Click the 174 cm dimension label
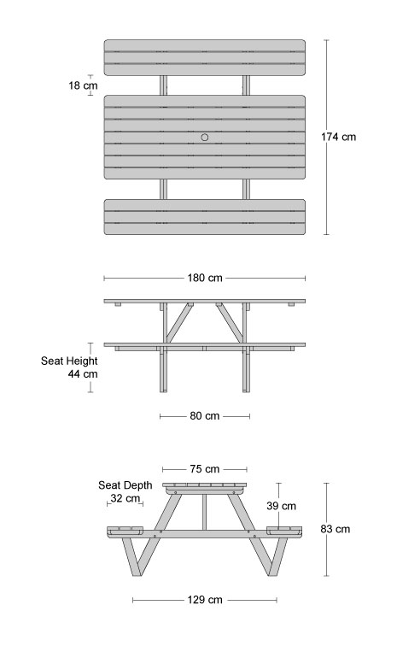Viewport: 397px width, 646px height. (x=339, y=137)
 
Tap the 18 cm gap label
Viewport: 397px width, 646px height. (x=83, y=85)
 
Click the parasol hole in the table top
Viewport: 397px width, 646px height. (x=205, y=138)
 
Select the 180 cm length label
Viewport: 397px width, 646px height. (x=205, y=278)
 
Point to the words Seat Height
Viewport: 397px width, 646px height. (x=69, y=361)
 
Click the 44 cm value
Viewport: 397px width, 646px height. (x=83, y=374)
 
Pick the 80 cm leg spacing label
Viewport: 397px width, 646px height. (x=205, y=416)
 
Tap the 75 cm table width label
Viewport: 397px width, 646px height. (x=205, y=469)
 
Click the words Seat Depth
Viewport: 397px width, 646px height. (x=126, y=485)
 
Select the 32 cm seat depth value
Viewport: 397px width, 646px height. (x=126, y=498)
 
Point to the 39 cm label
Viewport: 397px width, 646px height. (x=281, y=506)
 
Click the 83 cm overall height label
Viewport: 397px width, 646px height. (x=336, y=530)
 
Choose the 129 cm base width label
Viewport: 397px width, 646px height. (x=205, y=600)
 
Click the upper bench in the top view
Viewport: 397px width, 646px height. (x=205, y=58)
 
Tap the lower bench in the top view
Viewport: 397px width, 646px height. (x=205, y=217)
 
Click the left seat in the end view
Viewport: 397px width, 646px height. (x=126, y=531)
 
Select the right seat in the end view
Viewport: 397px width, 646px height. (x=284, y=531)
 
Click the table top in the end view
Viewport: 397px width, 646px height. (x=205, y=486)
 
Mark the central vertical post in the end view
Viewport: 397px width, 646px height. (x=205, y=512)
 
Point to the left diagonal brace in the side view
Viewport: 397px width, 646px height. (x=179, y=324)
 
